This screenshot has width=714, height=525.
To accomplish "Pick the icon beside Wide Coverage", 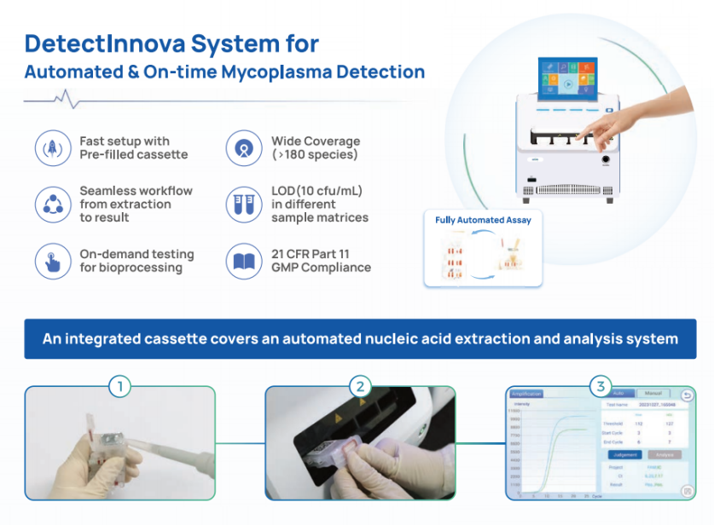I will [x=243, y=147].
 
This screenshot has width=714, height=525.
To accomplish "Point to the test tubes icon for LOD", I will [x=243, y=205].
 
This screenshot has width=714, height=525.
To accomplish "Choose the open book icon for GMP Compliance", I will [x=243, y=261].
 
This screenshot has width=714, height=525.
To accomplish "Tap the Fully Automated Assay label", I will [x=483, y=220].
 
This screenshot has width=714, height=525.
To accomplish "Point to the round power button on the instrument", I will [x=607, y=159].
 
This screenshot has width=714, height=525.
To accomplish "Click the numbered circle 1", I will [x=120, y=386].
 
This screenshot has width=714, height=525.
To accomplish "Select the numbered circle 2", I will [x=360, y=386].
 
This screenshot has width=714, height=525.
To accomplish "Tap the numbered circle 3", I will [x=601, y=386].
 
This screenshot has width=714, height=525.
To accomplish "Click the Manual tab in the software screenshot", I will [x=652, y=394].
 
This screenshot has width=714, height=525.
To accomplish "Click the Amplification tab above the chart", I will [x=526, y=394].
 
